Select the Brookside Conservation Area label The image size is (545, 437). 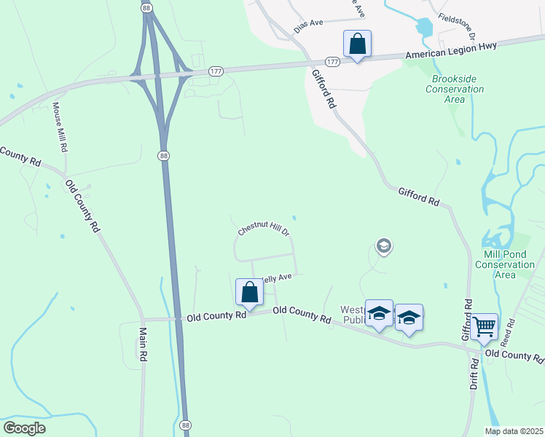pyautogui.click(x=458, y=89)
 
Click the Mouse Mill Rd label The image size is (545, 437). pyautogui.click(x=60, y=127)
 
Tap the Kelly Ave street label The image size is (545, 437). pyautogui.click(x=277, y=277)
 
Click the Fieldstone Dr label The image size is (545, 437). pyautogui.click(x=457, y=26)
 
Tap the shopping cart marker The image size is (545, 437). pyautogui.click(x=484, y=327)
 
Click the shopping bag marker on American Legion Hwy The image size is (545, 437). pyautogui.click(x=357, y=44)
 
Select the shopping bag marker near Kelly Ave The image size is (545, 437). pyautogui.click(x=249, y=292)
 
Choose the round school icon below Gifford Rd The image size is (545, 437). pyautogui.click(x=383, y=247)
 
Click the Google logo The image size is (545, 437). pyautogui.click(x=24, y=428)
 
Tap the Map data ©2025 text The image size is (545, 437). pyautogui.click(x=514, y=431)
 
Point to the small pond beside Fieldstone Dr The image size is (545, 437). pyautogui.click(x=423, y=27)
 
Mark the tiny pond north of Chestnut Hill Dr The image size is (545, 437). pyautogui.click(x=294, y=217)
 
